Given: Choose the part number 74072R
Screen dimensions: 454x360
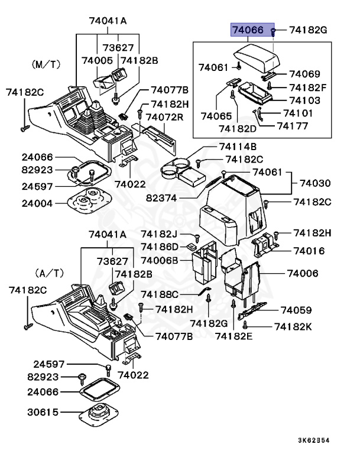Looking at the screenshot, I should (x=166, y=118).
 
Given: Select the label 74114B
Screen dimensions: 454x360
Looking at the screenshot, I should (x=237, y=147).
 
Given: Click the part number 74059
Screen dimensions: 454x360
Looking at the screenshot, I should (x=296, y=310).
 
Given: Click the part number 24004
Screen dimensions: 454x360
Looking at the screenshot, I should (x=37, y=203).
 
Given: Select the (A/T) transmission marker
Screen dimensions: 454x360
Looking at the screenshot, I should (x=50, y=273).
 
